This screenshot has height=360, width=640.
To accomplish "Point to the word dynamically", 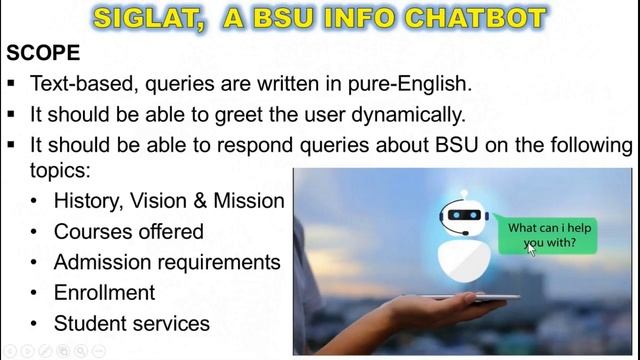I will (x=405, y=114).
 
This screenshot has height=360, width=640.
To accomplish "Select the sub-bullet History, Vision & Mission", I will (x=169, y=201).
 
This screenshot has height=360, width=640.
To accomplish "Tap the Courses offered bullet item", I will (x=128, y=232).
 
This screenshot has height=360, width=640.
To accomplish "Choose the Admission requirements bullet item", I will (x=167, y=262).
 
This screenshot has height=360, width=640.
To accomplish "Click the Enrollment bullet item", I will (x=104, y=293).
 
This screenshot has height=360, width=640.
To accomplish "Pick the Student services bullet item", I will (x=131, y=323).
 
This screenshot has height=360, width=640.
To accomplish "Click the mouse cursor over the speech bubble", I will (x=532, y=248).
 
